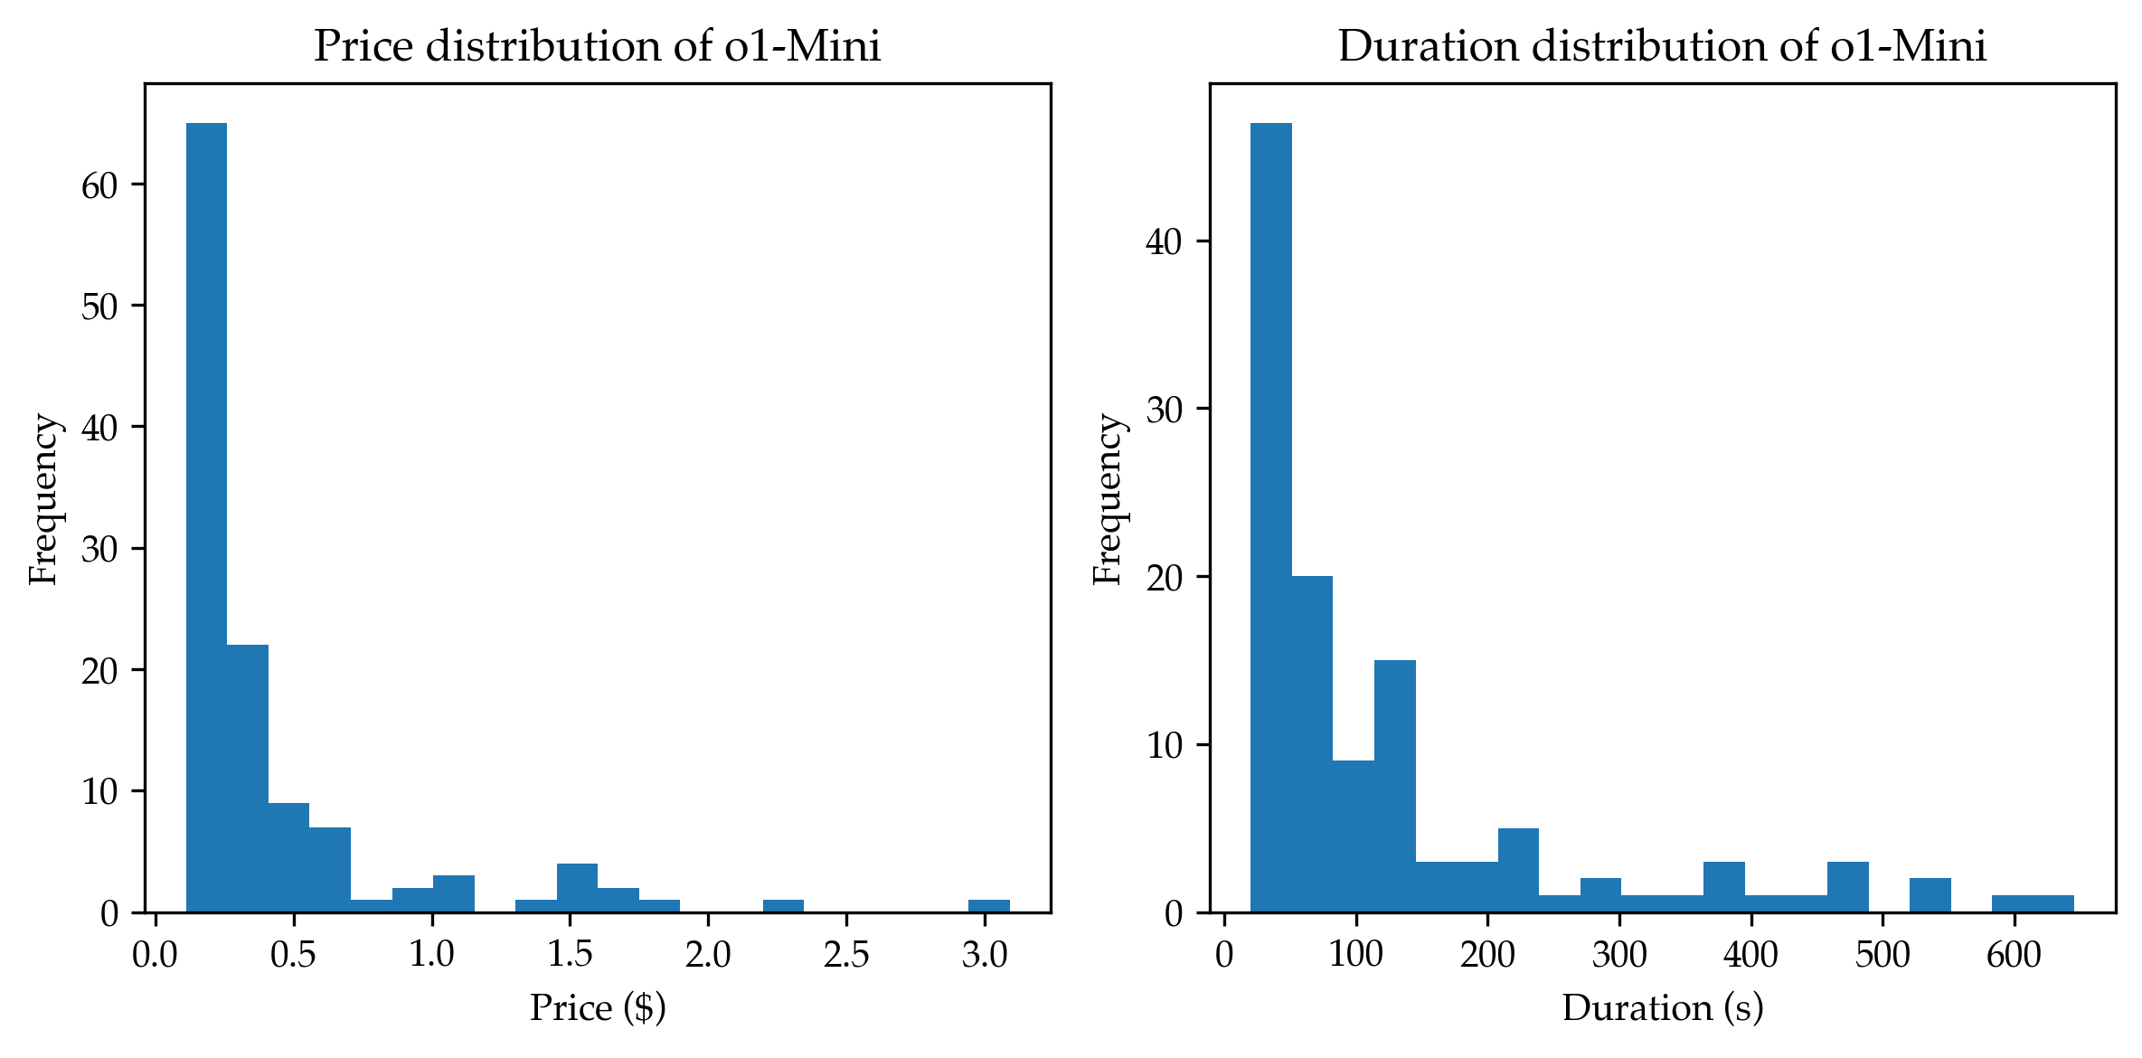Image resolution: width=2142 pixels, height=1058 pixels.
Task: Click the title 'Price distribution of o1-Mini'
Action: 597,47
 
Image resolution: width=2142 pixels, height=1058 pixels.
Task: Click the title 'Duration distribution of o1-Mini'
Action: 1662,47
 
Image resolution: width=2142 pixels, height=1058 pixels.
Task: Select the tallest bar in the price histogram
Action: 206,515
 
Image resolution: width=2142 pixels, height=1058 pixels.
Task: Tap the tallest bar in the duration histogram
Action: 1270,515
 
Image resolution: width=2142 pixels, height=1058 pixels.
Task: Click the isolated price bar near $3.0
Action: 988,906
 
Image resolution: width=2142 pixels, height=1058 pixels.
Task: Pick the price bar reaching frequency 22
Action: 248,778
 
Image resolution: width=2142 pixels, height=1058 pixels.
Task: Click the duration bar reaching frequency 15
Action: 1394,785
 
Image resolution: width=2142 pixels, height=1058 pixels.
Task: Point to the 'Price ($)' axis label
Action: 598,1008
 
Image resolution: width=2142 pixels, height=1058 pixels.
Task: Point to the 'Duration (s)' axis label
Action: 1663,1008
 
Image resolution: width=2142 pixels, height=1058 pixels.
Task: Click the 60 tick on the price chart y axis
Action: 99,185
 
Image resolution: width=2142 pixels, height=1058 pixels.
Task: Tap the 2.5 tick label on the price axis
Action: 846,955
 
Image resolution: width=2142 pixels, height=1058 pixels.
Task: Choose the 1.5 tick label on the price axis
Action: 570,955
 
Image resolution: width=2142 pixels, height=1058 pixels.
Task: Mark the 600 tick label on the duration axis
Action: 2014,955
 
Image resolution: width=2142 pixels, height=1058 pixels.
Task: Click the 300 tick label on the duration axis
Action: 1618,955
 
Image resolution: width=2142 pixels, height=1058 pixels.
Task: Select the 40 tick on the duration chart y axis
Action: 1164,242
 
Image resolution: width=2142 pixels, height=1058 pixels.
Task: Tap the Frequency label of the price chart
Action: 43,498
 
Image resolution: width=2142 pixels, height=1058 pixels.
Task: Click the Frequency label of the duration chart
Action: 1108,498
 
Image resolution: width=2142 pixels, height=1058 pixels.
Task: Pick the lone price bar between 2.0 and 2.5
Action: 783,906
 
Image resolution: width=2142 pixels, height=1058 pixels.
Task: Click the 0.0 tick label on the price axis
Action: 156,955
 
